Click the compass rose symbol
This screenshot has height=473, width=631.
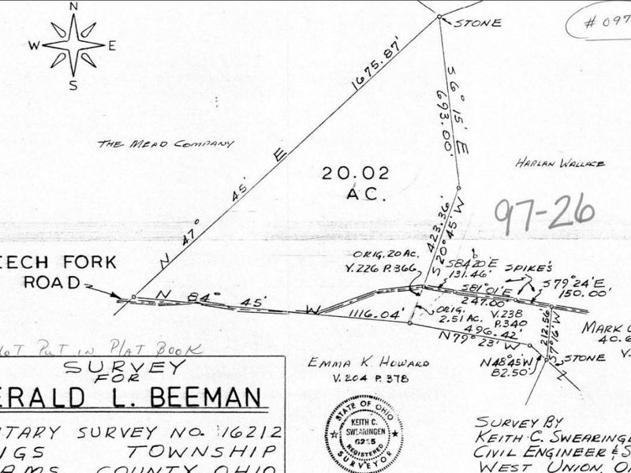pos(73,45)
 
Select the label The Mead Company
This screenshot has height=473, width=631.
pos(166,144)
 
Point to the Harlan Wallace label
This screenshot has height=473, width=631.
pos(560,163)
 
